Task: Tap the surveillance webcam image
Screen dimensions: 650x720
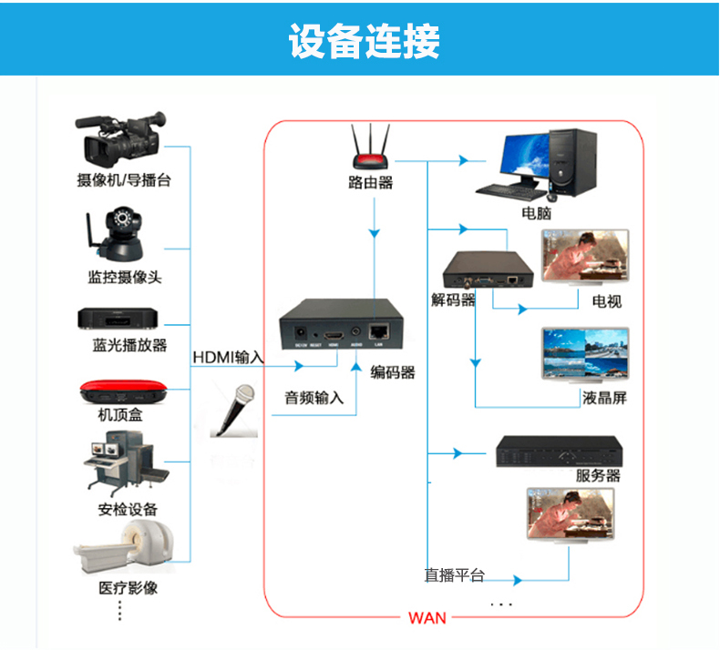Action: pos(119,235)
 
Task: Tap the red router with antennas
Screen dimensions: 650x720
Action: pos(372,150)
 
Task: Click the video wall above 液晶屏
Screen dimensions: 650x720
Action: pos(584,354)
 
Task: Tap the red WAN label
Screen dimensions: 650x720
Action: pos(427,618)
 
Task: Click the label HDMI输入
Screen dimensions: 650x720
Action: pos(228,357)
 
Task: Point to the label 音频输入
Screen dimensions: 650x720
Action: pos(314,398)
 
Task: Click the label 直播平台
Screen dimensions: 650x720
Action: pos(455,575)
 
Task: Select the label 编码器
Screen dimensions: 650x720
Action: pos(393,372)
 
